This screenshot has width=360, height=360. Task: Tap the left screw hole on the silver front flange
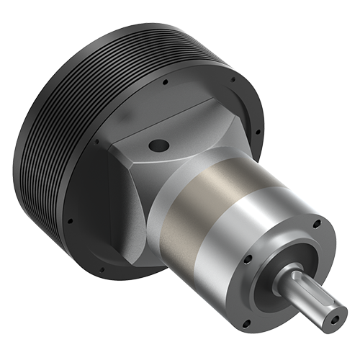(248, 258)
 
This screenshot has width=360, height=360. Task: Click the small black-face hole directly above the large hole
(166, 83)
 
